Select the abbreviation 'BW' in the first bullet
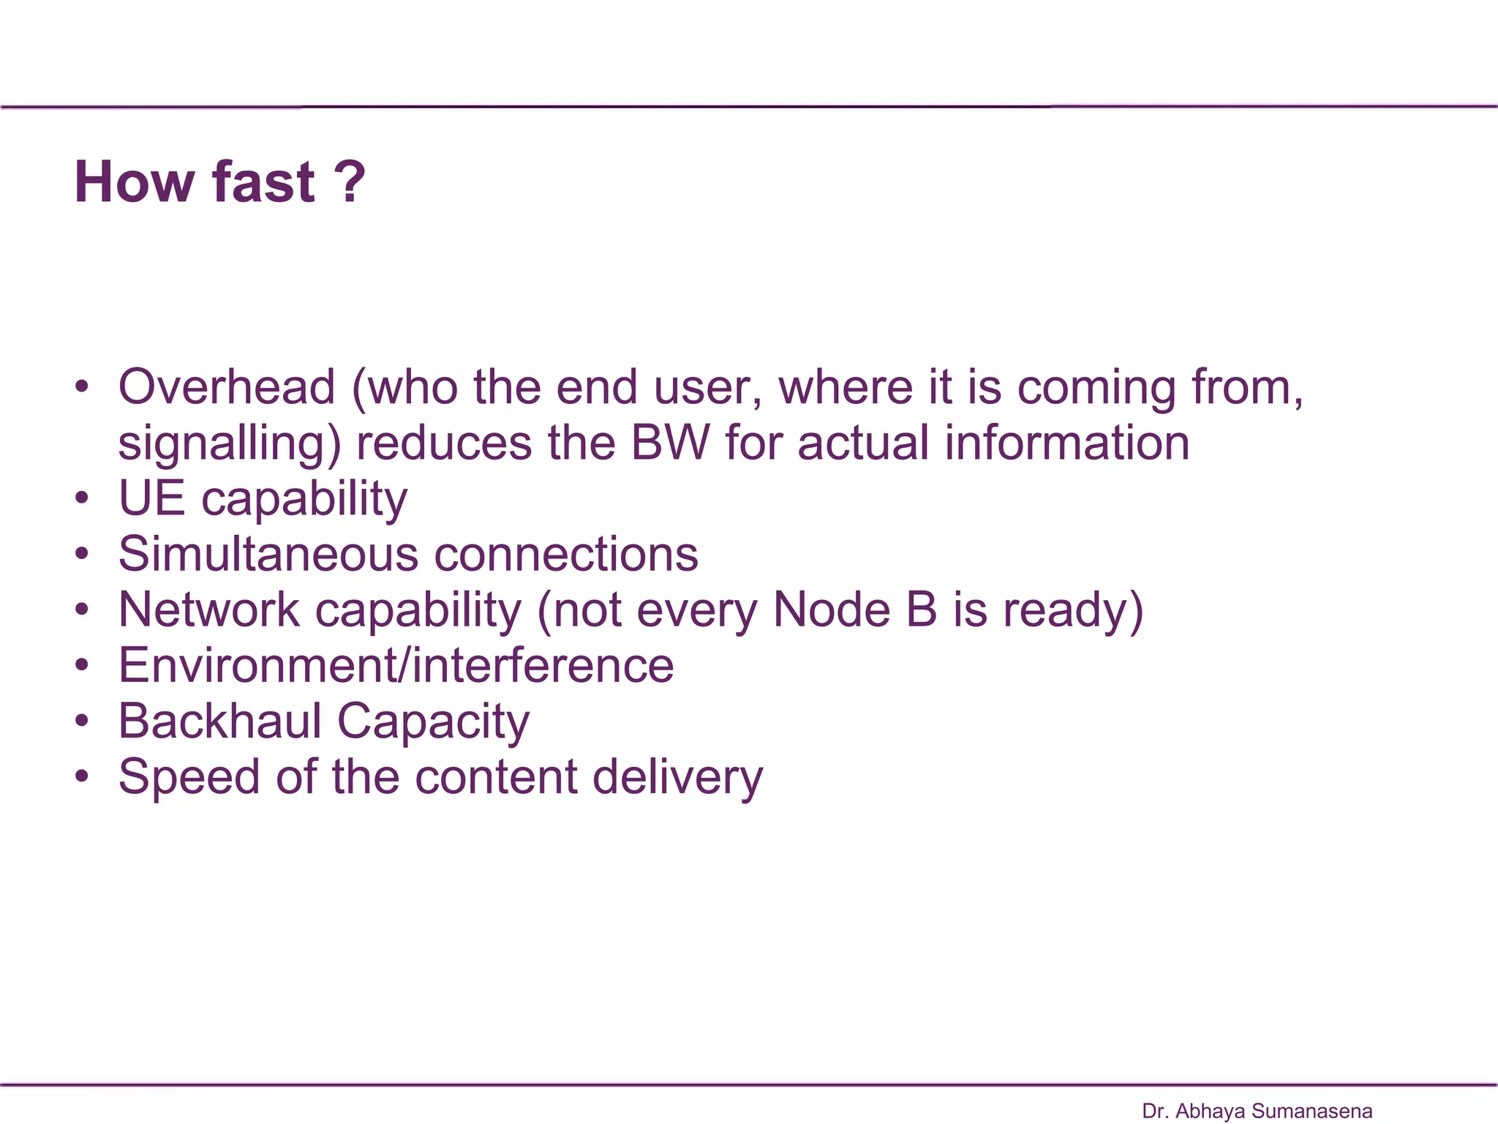click(x=670, y=443)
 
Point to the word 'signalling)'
click(x=229, y=444)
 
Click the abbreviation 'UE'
click(x=151, y=498)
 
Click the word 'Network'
click(x=209, y=610)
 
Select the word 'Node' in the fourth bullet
click(x=831, y=610)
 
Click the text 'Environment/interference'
click(x=396, y=665)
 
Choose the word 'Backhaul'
click(x=219, y=721)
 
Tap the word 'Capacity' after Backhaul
click(x=433, y=722)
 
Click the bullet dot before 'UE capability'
click(x=82, y=498)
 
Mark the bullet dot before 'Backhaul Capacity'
click(x=82, y=721)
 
